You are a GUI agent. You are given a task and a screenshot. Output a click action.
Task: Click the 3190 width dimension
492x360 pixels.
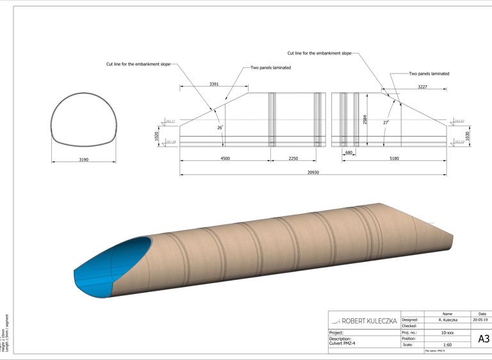83,160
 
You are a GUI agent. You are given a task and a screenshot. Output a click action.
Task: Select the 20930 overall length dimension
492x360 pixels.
313,172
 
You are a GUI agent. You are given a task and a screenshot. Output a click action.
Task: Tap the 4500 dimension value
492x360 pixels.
225,158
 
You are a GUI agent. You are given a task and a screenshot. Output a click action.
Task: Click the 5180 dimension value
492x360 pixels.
393,158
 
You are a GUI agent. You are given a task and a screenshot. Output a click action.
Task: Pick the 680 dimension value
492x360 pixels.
348,153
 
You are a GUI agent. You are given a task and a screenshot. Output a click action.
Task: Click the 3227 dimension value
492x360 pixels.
423,86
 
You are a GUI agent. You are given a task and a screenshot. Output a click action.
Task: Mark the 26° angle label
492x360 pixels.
220,127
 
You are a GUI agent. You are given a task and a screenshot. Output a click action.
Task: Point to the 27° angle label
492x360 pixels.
386,122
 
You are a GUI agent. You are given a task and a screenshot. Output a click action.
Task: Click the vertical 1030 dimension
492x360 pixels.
468,136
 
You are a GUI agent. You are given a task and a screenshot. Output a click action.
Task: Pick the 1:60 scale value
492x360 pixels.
447,345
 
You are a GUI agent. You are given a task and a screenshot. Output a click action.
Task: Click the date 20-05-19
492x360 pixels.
480,320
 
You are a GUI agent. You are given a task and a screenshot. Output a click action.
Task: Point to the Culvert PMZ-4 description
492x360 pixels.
342,343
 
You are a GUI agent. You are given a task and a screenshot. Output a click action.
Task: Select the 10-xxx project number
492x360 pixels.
447,333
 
